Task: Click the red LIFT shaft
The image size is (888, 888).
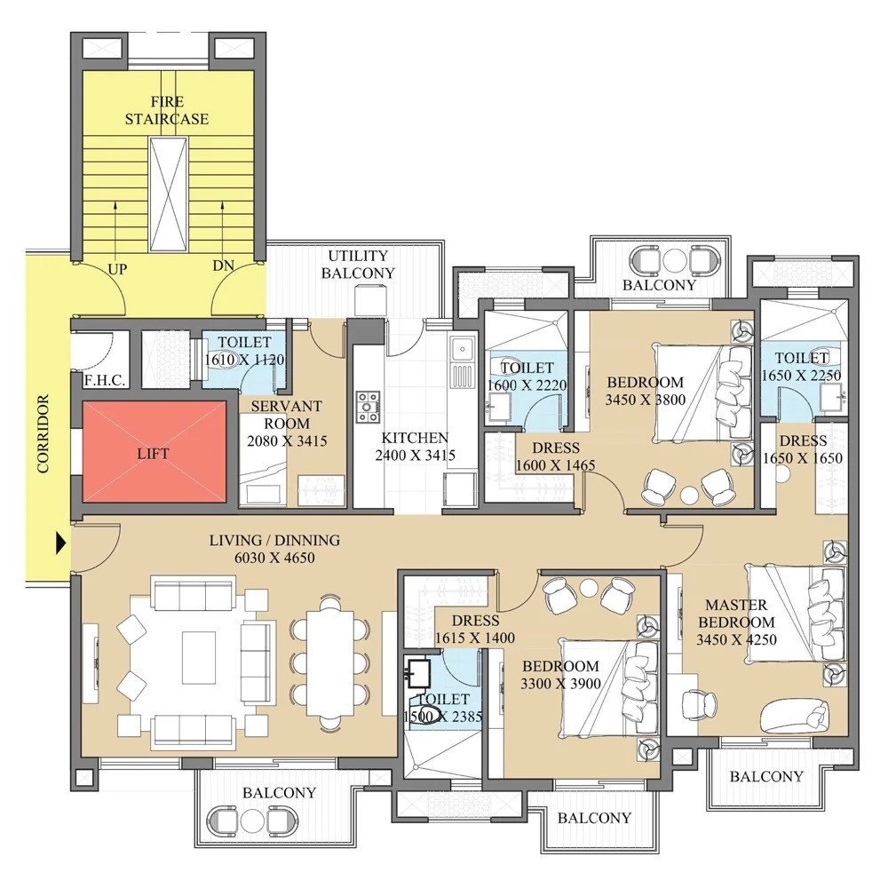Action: tap(155, 453)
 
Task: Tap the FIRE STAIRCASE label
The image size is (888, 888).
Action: tap(167, 110)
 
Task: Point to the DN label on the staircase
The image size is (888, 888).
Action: tap(223, 267)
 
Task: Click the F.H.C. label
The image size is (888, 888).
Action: tap(104, 380)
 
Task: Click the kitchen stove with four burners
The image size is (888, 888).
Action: tap(368, 406)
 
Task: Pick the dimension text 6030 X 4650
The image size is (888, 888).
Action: tap(274, 558)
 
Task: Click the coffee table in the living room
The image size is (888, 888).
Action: tap(198, 657)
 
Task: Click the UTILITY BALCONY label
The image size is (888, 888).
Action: tap(358, 265)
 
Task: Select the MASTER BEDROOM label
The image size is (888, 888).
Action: tap(735, 614)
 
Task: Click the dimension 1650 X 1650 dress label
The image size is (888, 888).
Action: tap(803, 458)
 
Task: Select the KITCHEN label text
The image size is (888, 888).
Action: tap(415, 438)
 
